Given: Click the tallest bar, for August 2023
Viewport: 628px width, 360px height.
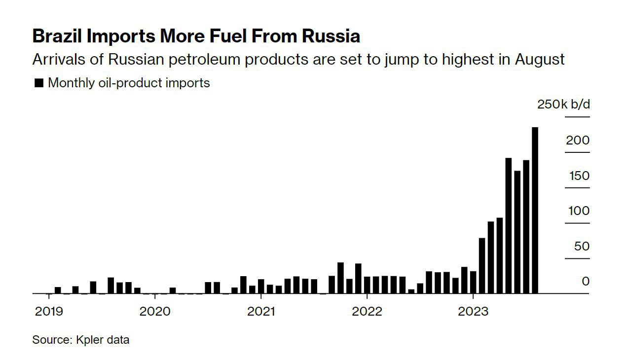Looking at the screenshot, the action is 535,211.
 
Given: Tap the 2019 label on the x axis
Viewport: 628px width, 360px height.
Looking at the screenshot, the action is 49,312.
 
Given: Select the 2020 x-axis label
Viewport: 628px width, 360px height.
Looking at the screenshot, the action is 155,312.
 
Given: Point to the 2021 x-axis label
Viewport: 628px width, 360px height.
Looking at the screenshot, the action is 261,312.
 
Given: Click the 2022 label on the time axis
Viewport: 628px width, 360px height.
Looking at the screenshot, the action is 367,312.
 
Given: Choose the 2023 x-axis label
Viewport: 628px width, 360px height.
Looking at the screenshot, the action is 473,312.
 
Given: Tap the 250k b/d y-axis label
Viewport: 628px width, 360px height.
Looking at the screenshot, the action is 563,104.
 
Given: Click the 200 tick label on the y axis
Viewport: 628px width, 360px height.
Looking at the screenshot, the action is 578,140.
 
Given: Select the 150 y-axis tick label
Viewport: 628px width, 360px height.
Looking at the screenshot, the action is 579,176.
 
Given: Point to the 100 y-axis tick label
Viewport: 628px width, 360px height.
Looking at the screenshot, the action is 579,211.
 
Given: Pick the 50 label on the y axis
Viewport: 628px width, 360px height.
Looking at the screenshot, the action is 582,246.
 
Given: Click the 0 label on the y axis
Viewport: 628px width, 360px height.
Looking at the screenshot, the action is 586,281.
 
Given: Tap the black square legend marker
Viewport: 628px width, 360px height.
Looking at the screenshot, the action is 38,83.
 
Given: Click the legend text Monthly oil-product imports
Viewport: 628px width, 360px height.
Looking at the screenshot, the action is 129,83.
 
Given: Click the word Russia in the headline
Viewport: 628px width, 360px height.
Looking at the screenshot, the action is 331,36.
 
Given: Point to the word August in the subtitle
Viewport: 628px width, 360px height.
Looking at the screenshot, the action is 540,60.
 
